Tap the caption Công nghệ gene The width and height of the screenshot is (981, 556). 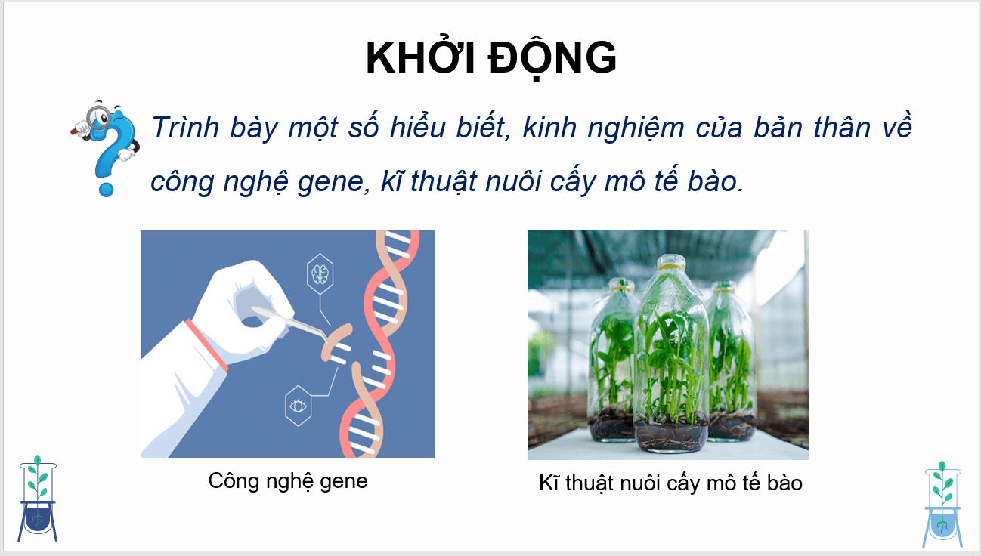288,480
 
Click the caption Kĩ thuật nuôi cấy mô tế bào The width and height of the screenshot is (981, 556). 670,483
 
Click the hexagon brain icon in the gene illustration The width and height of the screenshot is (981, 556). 320,274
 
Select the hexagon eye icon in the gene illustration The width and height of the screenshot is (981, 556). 299,406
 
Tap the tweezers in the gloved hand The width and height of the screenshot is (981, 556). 291,322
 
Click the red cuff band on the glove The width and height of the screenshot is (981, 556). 206,344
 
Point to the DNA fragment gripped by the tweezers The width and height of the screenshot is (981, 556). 336,344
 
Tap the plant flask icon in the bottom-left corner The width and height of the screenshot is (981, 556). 39,499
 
